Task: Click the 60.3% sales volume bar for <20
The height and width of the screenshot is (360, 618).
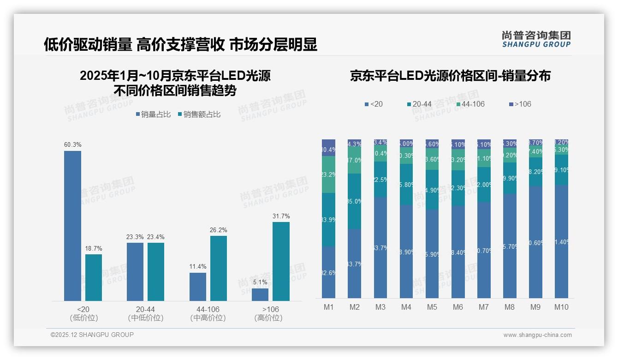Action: [72, 226]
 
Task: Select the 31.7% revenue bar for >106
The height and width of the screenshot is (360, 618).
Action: [281, 261]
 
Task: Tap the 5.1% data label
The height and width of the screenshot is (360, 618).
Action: [260, 282]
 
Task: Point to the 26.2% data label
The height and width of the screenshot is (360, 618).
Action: [219, 230]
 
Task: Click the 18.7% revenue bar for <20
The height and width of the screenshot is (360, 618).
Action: [94, 277]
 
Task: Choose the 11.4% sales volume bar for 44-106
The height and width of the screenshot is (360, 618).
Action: [198, 287]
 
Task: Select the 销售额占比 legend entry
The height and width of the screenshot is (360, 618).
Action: [199, 114]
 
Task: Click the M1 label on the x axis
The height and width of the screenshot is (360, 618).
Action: [328, 307]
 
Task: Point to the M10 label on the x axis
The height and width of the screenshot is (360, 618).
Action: [561, 307]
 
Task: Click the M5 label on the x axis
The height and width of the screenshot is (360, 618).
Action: [432, 307]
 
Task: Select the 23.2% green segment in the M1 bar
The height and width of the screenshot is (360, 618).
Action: [328, 174]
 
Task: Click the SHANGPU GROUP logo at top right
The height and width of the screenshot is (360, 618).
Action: [536, 39]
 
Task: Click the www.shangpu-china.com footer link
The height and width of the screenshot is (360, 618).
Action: [537, 335]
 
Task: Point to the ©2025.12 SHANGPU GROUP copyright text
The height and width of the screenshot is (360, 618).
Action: [92, 335]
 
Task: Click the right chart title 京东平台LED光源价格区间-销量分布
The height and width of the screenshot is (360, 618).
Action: [450, 76]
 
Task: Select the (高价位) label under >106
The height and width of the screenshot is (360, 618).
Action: [268, 318]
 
